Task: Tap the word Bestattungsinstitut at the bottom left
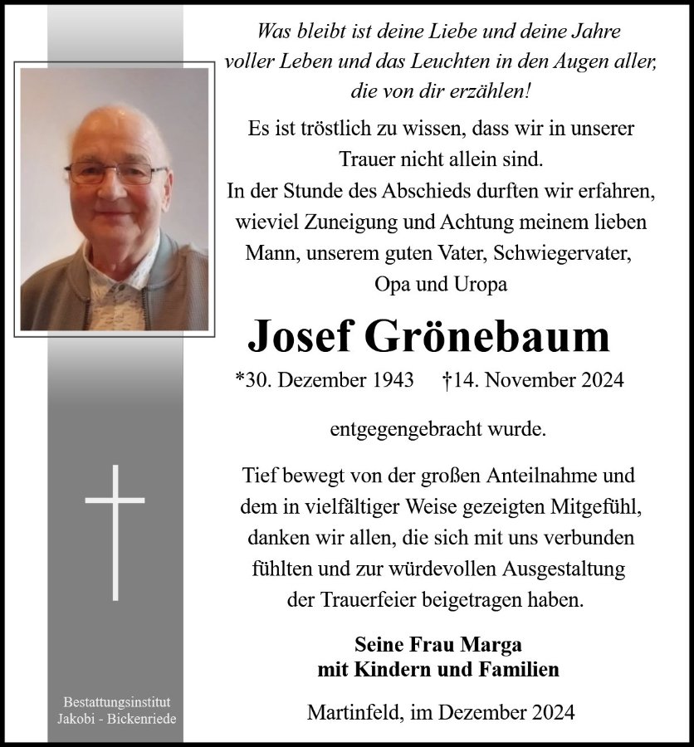click(x=115, y=702)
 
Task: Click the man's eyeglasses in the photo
click(x=115, y=173)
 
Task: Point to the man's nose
click(x=113, y=189)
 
